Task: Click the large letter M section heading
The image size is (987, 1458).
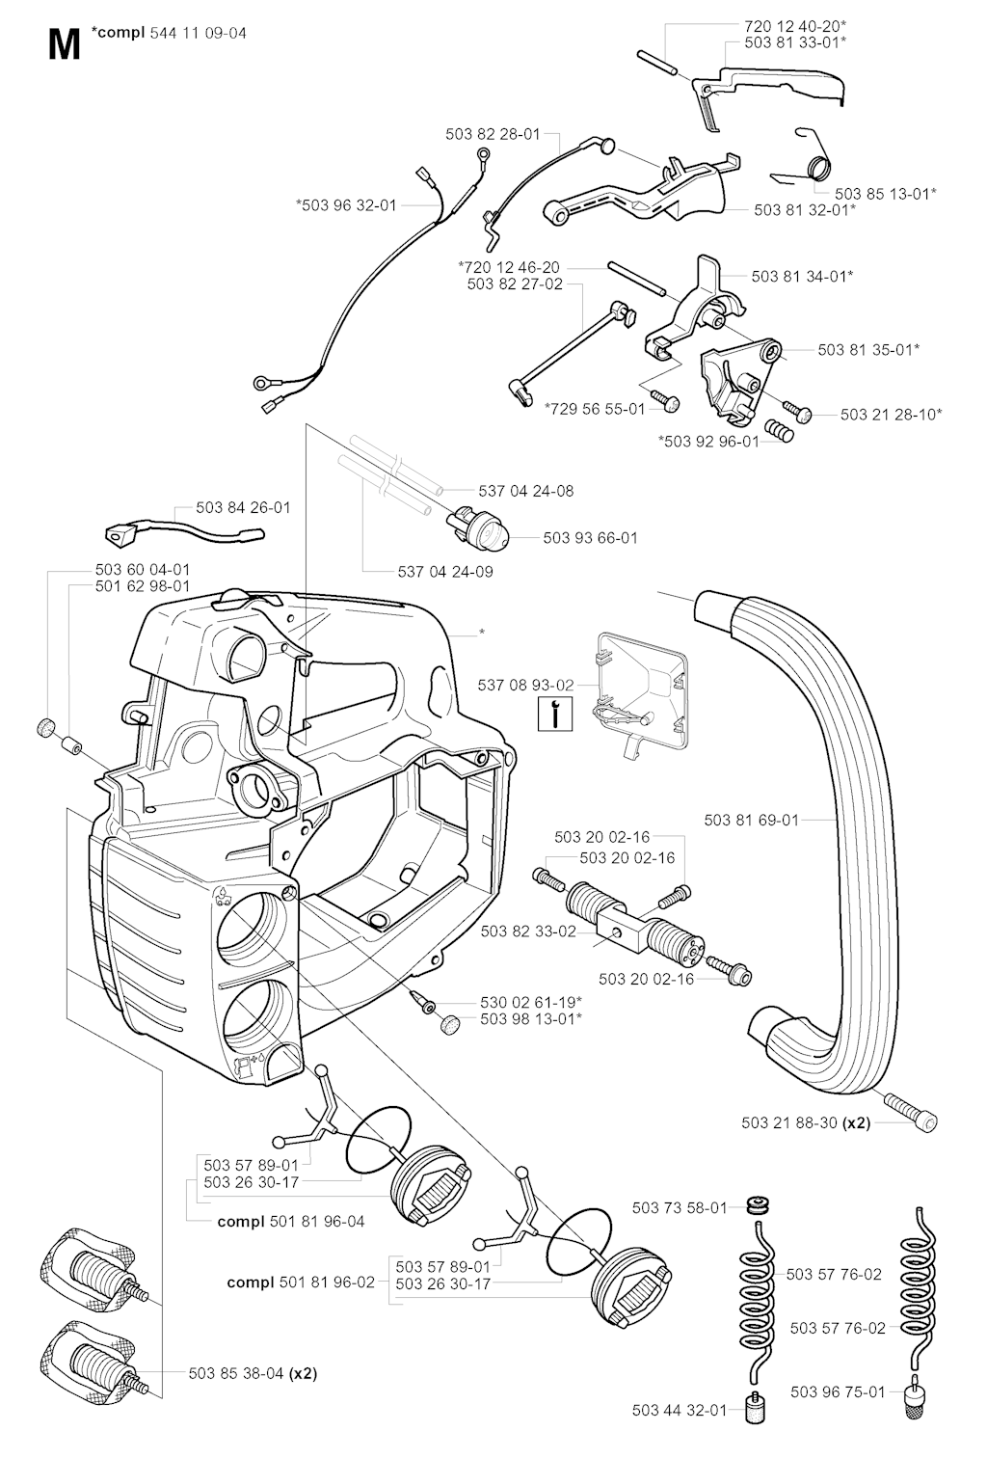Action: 63,44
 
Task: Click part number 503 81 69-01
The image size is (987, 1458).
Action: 752,820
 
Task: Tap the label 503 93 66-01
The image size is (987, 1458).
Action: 590,538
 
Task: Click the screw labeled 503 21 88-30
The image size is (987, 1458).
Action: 908,1118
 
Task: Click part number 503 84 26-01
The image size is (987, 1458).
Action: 243,507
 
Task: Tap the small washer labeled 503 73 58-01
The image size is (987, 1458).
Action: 759,1206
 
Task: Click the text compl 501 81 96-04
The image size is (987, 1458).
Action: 291,1221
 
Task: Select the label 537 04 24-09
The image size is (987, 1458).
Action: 445,572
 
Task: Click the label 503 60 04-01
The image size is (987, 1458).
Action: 143,570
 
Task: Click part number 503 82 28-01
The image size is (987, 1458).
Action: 493,135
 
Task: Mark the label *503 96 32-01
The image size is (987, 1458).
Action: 346,204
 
